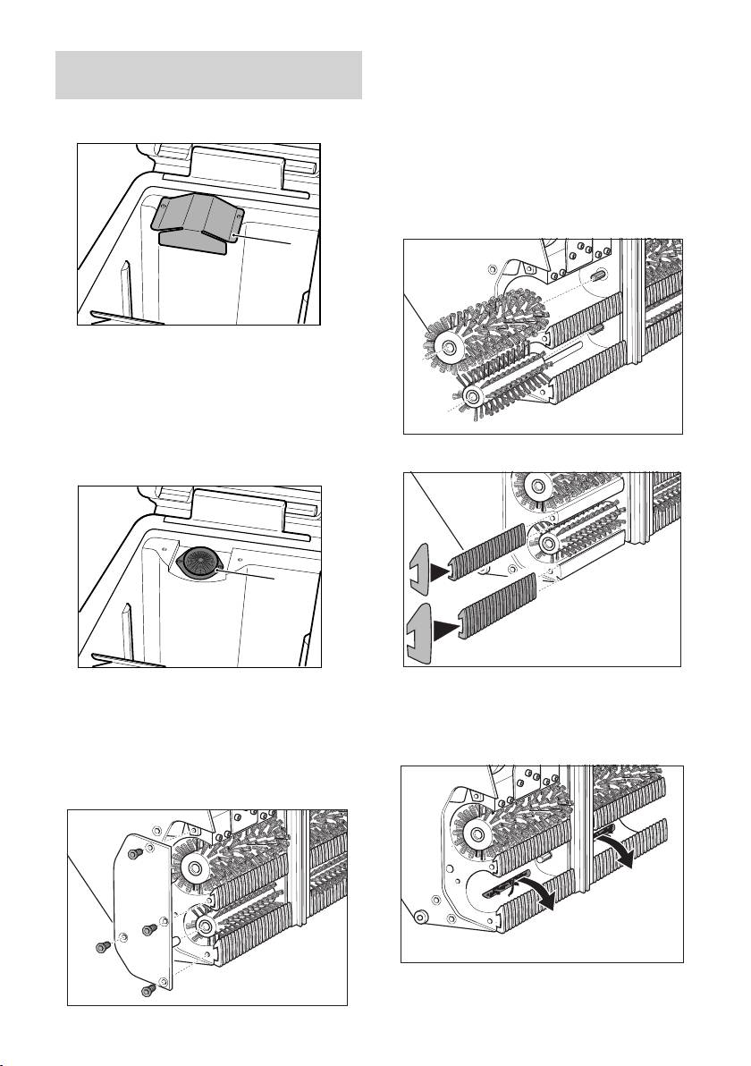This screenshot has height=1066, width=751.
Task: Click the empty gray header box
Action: tap(208, 75)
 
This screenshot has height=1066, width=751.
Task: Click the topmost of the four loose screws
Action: tap(135, 856)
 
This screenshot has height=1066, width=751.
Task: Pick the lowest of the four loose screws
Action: tap(148, 990)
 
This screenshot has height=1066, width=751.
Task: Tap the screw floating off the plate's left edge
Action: tap(101, 946)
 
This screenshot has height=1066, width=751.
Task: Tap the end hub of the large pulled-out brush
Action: tap(445, 346)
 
